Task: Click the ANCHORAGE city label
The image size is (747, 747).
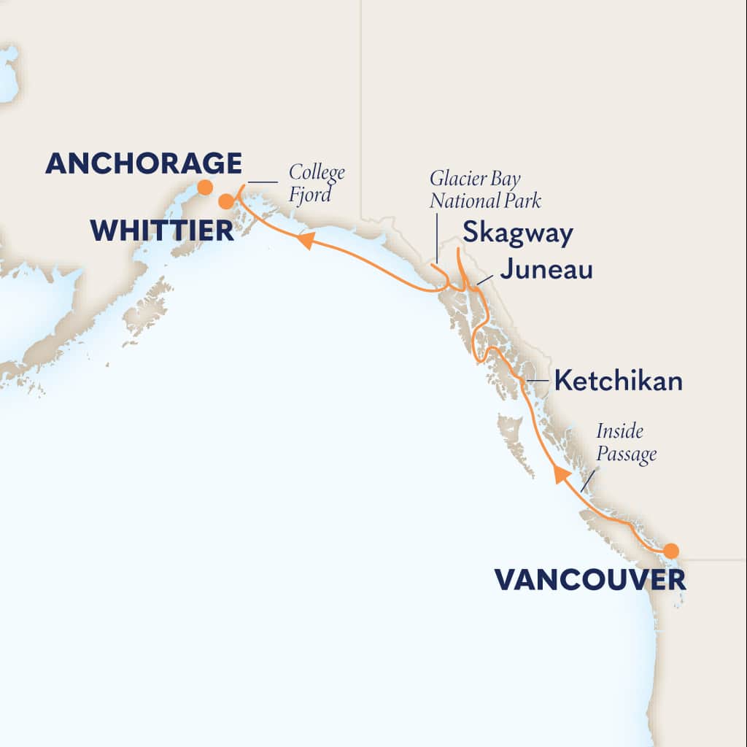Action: tap(143, 163)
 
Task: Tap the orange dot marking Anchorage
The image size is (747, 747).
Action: tap(206, 187)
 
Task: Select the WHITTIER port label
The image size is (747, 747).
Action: tap(162, 231)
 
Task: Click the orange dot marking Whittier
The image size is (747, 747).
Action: tap(226, 201)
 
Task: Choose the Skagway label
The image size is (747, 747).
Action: tap(517, 234)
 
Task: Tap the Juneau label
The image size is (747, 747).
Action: tap(546, 271)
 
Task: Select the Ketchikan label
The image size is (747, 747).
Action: tap(618, 381)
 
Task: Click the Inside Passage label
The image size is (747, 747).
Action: tap(626, 443)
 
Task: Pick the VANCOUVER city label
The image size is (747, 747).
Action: tap(589, 580)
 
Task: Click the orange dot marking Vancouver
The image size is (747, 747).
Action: tap(670, 550)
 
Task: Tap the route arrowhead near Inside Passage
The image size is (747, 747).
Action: tap(560, 475)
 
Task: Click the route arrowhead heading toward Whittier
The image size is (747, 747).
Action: tap(306, 240)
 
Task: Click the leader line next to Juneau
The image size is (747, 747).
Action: tap(484, 279)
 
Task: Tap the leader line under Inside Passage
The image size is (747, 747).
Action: tap(587, 479)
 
